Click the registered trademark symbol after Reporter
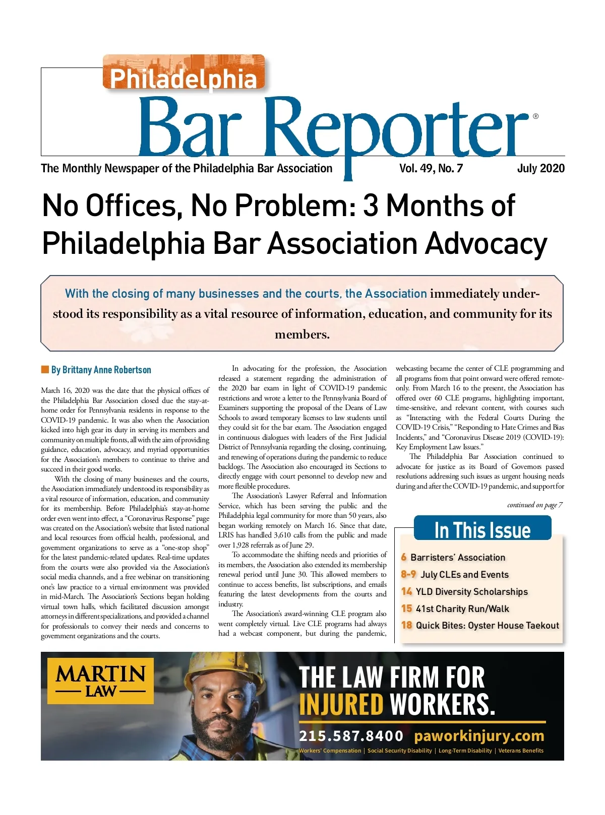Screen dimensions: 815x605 coord(535,116)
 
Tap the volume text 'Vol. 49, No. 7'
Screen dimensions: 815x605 coord(431,169)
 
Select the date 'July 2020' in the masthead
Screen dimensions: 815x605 coord(540,169)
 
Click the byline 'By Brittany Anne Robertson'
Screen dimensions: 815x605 coord(101,370)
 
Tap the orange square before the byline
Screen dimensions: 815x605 coord(45,370)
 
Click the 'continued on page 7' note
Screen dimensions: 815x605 coord(534,505)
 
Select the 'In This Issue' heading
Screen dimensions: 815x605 coord(482,530)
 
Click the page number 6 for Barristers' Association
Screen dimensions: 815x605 coord(404,557)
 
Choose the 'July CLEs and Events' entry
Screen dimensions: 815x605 coord(464,575)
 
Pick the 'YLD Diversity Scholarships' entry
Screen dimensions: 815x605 coord(471,592)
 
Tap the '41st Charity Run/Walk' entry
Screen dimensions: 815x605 coord(462,609)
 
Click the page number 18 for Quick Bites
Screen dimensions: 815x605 coord(406,626)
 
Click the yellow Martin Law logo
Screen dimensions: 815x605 coord(100,681)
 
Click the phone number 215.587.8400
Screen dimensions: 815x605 coord(351,736)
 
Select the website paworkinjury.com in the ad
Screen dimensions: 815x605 coord(479,736)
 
